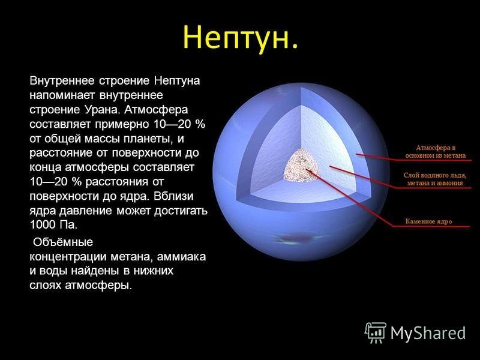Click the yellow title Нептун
click(x=241, y=37)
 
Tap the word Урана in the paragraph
click(x=100, y=110)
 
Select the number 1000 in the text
click(x=42, y=224)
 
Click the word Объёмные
click(x=63, y=242)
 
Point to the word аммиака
click(x=181, y=256)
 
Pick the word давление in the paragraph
click(x=86, y=211)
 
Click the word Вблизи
click(x=173, y=196)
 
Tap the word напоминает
click(x=63, y=95)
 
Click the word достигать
click(x=181, y=211)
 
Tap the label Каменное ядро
click(x=428, y=221)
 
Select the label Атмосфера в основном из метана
click(x=436, y=152)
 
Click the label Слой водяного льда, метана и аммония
click(x=434, y=179)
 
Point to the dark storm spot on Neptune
click(x=295, y=238)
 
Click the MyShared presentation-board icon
click(x=376, y=332)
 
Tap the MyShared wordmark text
click(x=428, y=333)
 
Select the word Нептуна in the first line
click(x=177, y=81)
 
